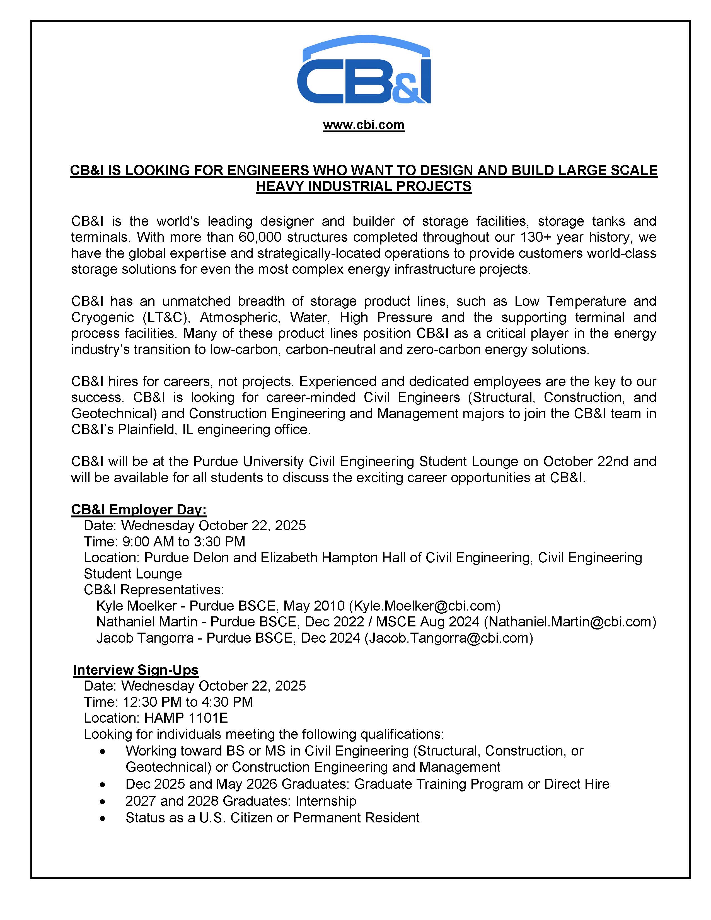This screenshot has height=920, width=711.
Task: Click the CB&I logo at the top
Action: tap(364, 70)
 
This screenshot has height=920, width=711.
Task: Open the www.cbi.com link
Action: tap(364, 125)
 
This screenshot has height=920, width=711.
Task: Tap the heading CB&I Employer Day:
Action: tap(139, 510)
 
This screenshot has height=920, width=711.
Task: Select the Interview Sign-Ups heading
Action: tap(136, 670)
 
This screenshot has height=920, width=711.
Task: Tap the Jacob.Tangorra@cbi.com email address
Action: tap(449, 638)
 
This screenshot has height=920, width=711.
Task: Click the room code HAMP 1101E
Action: tap(186, 718)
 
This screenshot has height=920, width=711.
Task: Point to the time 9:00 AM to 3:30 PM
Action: tap(184, 542)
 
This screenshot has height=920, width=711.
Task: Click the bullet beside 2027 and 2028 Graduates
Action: tap(102, 802)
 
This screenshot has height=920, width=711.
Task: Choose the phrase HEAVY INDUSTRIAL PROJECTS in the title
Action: tap(364, 186)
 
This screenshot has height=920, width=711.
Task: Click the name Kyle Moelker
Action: tap(136, 606)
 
